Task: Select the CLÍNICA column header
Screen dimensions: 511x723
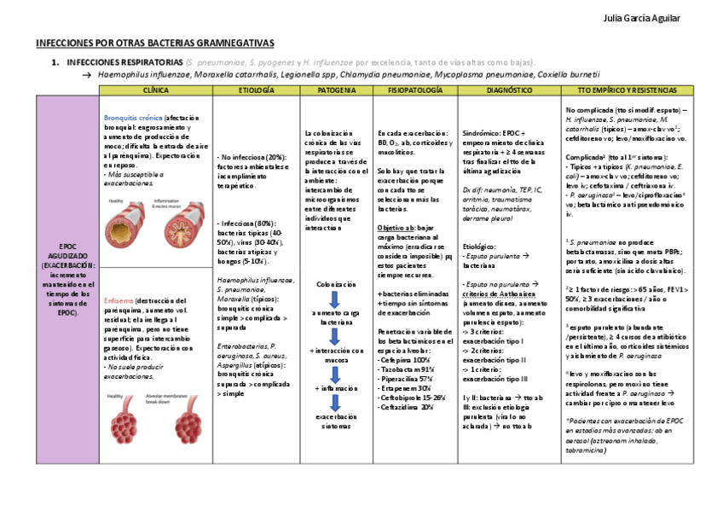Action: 155,90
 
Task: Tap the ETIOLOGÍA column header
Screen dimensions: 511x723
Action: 256,90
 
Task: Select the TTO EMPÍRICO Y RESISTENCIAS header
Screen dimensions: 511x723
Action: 627,90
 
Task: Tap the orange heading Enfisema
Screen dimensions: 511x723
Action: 117,301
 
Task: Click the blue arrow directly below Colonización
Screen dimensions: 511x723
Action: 334,299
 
